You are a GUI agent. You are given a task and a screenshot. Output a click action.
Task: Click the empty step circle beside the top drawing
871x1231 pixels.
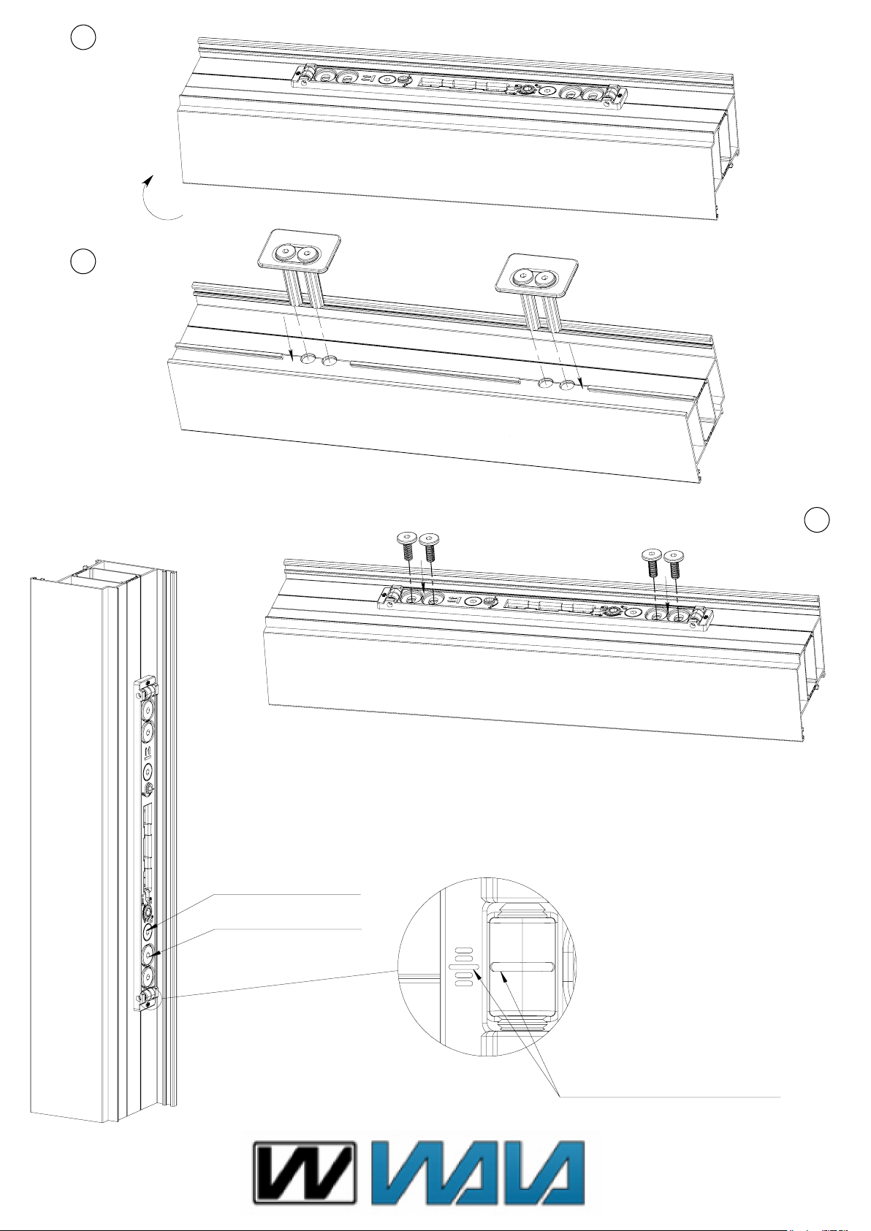[x=84, y=38]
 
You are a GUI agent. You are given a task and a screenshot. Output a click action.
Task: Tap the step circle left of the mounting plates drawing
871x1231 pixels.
[x=84, y=262]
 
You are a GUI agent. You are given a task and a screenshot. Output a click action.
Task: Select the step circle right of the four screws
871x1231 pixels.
[x=818, y=519]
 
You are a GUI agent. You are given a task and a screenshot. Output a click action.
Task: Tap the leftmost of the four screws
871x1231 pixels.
[x=406, y=547]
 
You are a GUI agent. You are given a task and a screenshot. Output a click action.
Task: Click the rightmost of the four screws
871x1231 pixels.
[x=675, y=562]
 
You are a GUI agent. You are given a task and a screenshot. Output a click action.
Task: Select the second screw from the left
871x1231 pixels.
[x=429, y=549]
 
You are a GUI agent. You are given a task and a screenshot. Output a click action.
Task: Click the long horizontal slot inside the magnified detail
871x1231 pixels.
[x=523, y=967]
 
